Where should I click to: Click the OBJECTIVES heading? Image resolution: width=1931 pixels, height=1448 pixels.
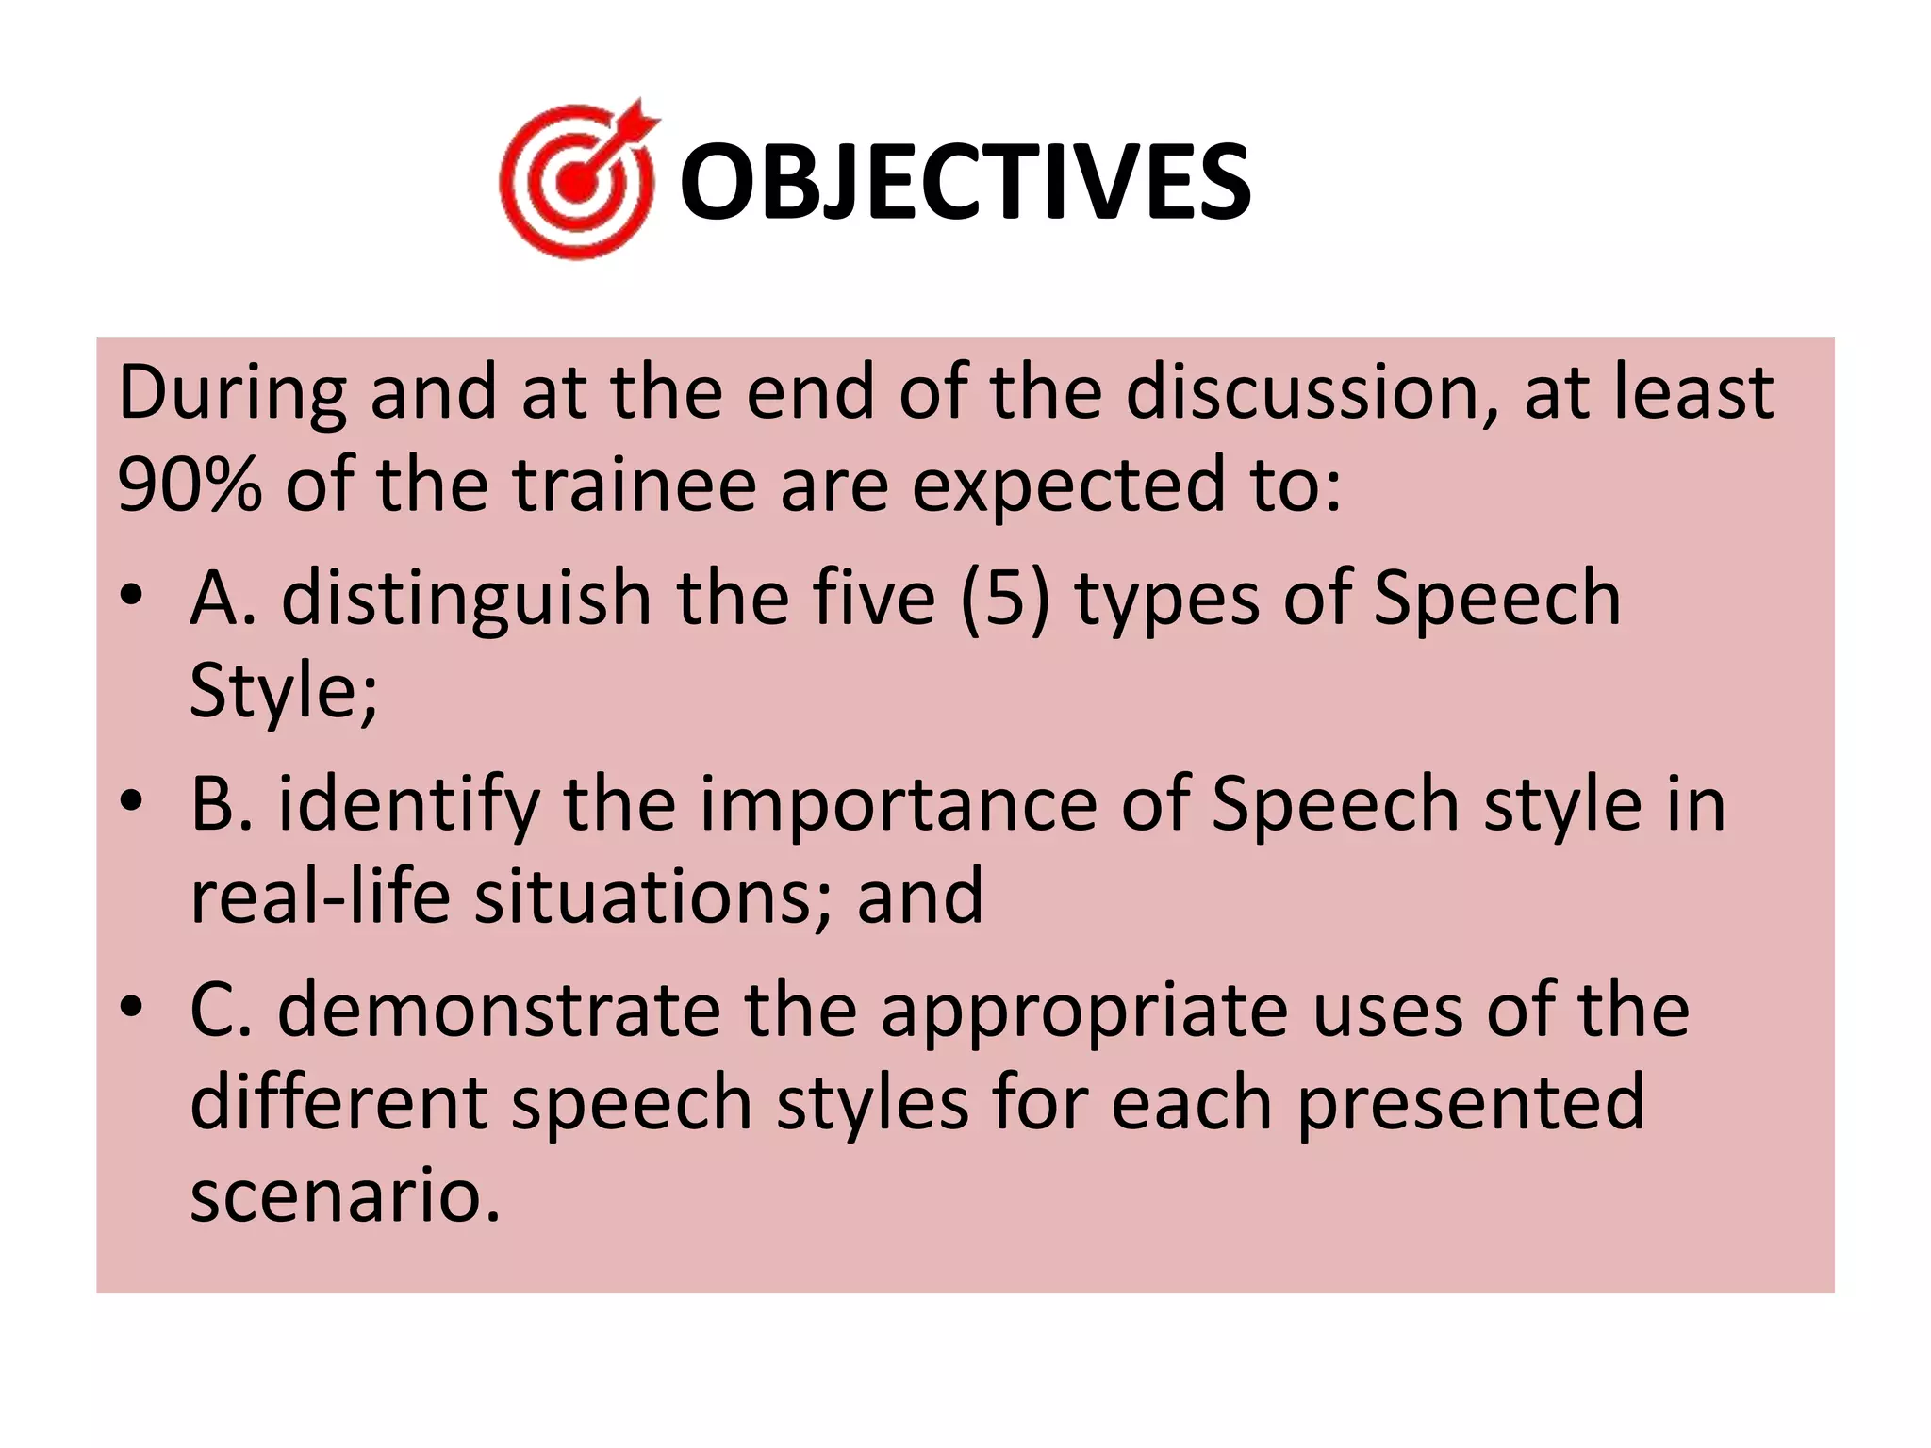pyautogui.click(x=965, y=181)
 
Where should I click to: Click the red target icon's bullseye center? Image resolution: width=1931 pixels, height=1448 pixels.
pyautogui.click(x=576, y=183)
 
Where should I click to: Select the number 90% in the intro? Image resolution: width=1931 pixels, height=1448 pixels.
pyautogui.click(x=190, y=485)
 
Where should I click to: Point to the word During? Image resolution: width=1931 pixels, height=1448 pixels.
pyautogui.click(x=232, y=392)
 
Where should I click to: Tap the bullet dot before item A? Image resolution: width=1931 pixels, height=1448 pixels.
pyautogui.click(x=131, y=596)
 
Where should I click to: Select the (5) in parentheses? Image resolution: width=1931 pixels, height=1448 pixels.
pyautogui.click(x=1005, y=600)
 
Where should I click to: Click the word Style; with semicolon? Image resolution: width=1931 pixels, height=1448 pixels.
pyautogui.click(x=283, y=690)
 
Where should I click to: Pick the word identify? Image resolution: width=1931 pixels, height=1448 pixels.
pyautogui.click(x=407, y=805)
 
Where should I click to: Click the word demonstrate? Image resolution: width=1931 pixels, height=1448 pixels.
pyautogui.click(x=499, y=1011)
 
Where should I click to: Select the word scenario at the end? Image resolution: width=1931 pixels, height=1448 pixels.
pyautogui.click(x=343, y=1195)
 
